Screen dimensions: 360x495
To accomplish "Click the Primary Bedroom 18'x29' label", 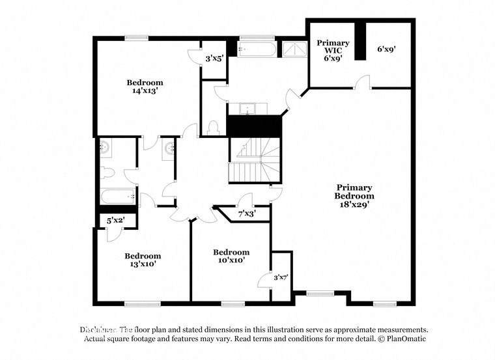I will pos(354,195).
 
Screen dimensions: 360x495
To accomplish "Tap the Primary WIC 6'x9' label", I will pos(333,50).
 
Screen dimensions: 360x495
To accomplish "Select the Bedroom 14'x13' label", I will pos(145,87).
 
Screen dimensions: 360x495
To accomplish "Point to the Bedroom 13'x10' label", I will pos(143,260).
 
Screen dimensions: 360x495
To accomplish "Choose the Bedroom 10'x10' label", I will pos(231,256).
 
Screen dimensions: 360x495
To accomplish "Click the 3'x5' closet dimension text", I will pos(214,59).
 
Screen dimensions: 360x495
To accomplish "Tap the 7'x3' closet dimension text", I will pos(247,214).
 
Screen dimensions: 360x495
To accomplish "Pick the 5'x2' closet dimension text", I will pos(116,221).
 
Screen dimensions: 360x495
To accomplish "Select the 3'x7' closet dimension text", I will pos(281,277).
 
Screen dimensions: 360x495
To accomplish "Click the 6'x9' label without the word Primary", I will pos(387,48).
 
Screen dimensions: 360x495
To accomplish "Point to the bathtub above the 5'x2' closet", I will pos(117,195).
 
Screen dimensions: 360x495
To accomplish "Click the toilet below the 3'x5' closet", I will pos(213,128).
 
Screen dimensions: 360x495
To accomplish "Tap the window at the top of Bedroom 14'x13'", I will pos(135,38).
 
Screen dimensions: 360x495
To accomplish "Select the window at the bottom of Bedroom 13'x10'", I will pos(143,303).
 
